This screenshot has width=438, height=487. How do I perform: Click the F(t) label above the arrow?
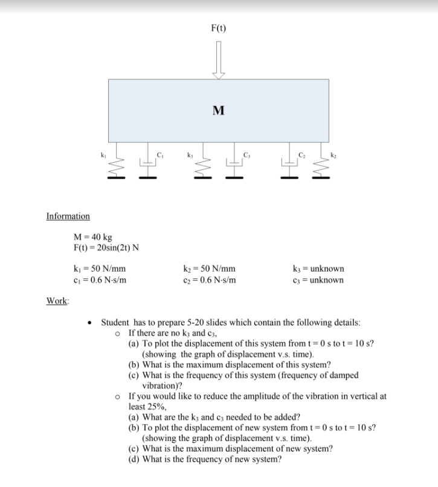[x=218, y=27]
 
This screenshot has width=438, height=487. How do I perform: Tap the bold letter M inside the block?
[x=218, y=110]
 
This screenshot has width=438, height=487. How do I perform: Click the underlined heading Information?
[x=68, y=216]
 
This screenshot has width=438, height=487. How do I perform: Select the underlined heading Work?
[x=57, y=300]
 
